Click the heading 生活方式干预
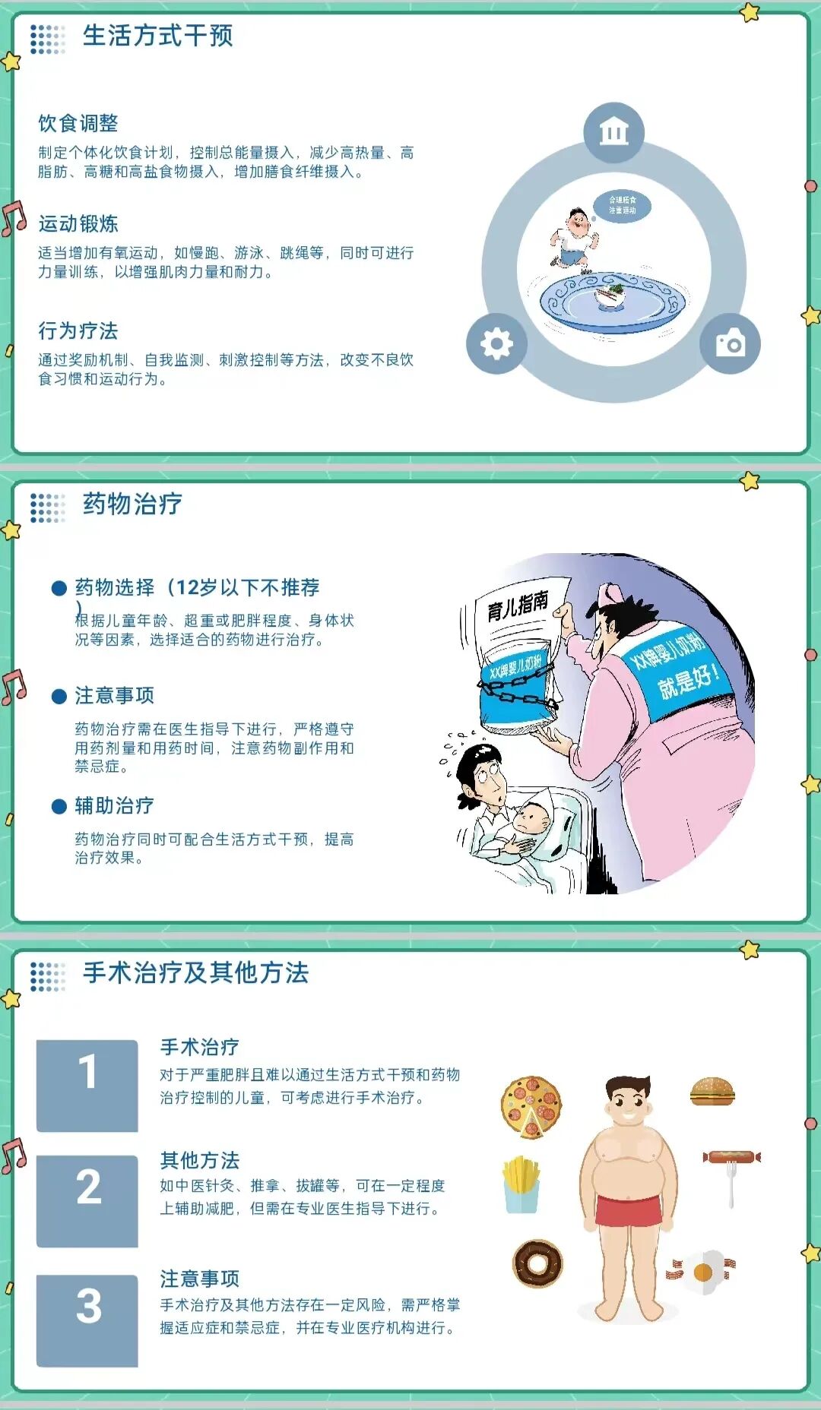(x=157, y=36)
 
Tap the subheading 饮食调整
(x=78, y=123)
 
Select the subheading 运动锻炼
(x=78, y=224)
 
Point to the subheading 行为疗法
(x=78, y=331)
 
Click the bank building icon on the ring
(x=613, y=133)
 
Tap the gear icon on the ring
(x=496, y=343)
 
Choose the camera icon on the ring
(x=731, y=343)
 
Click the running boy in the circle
(x=575, y=238)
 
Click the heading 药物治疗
(x=132, y=504)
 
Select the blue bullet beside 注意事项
(x=59, y=697)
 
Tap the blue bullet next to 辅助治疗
(x=59, y=807)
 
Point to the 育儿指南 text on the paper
(x=518, y=605)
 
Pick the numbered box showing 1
(x=87, y=1086)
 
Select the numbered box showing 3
(x=87, y=1320)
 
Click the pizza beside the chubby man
(x=531, y=1107)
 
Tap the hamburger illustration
(x=712, y=1092)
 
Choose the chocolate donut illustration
(x=537, y=1263)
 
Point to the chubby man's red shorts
(x=628, y=1210)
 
